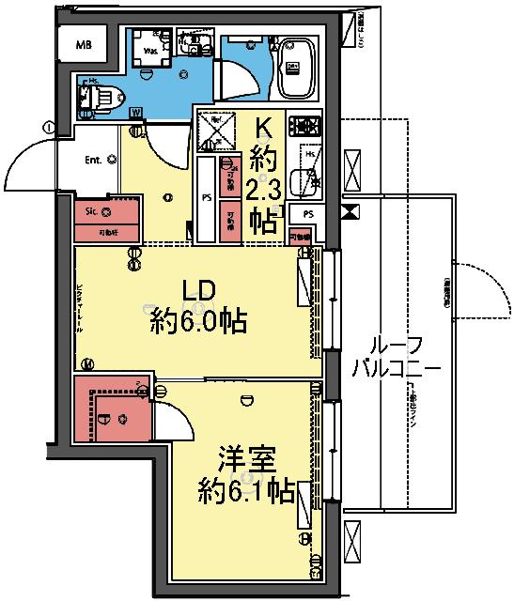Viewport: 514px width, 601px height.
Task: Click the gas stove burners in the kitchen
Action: [305, 126]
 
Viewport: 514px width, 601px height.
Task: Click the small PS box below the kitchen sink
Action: [306, 214]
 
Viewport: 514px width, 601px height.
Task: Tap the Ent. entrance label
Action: [93, 160]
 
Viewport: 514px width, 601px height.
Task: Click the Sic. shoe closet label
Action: [93, 212]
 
